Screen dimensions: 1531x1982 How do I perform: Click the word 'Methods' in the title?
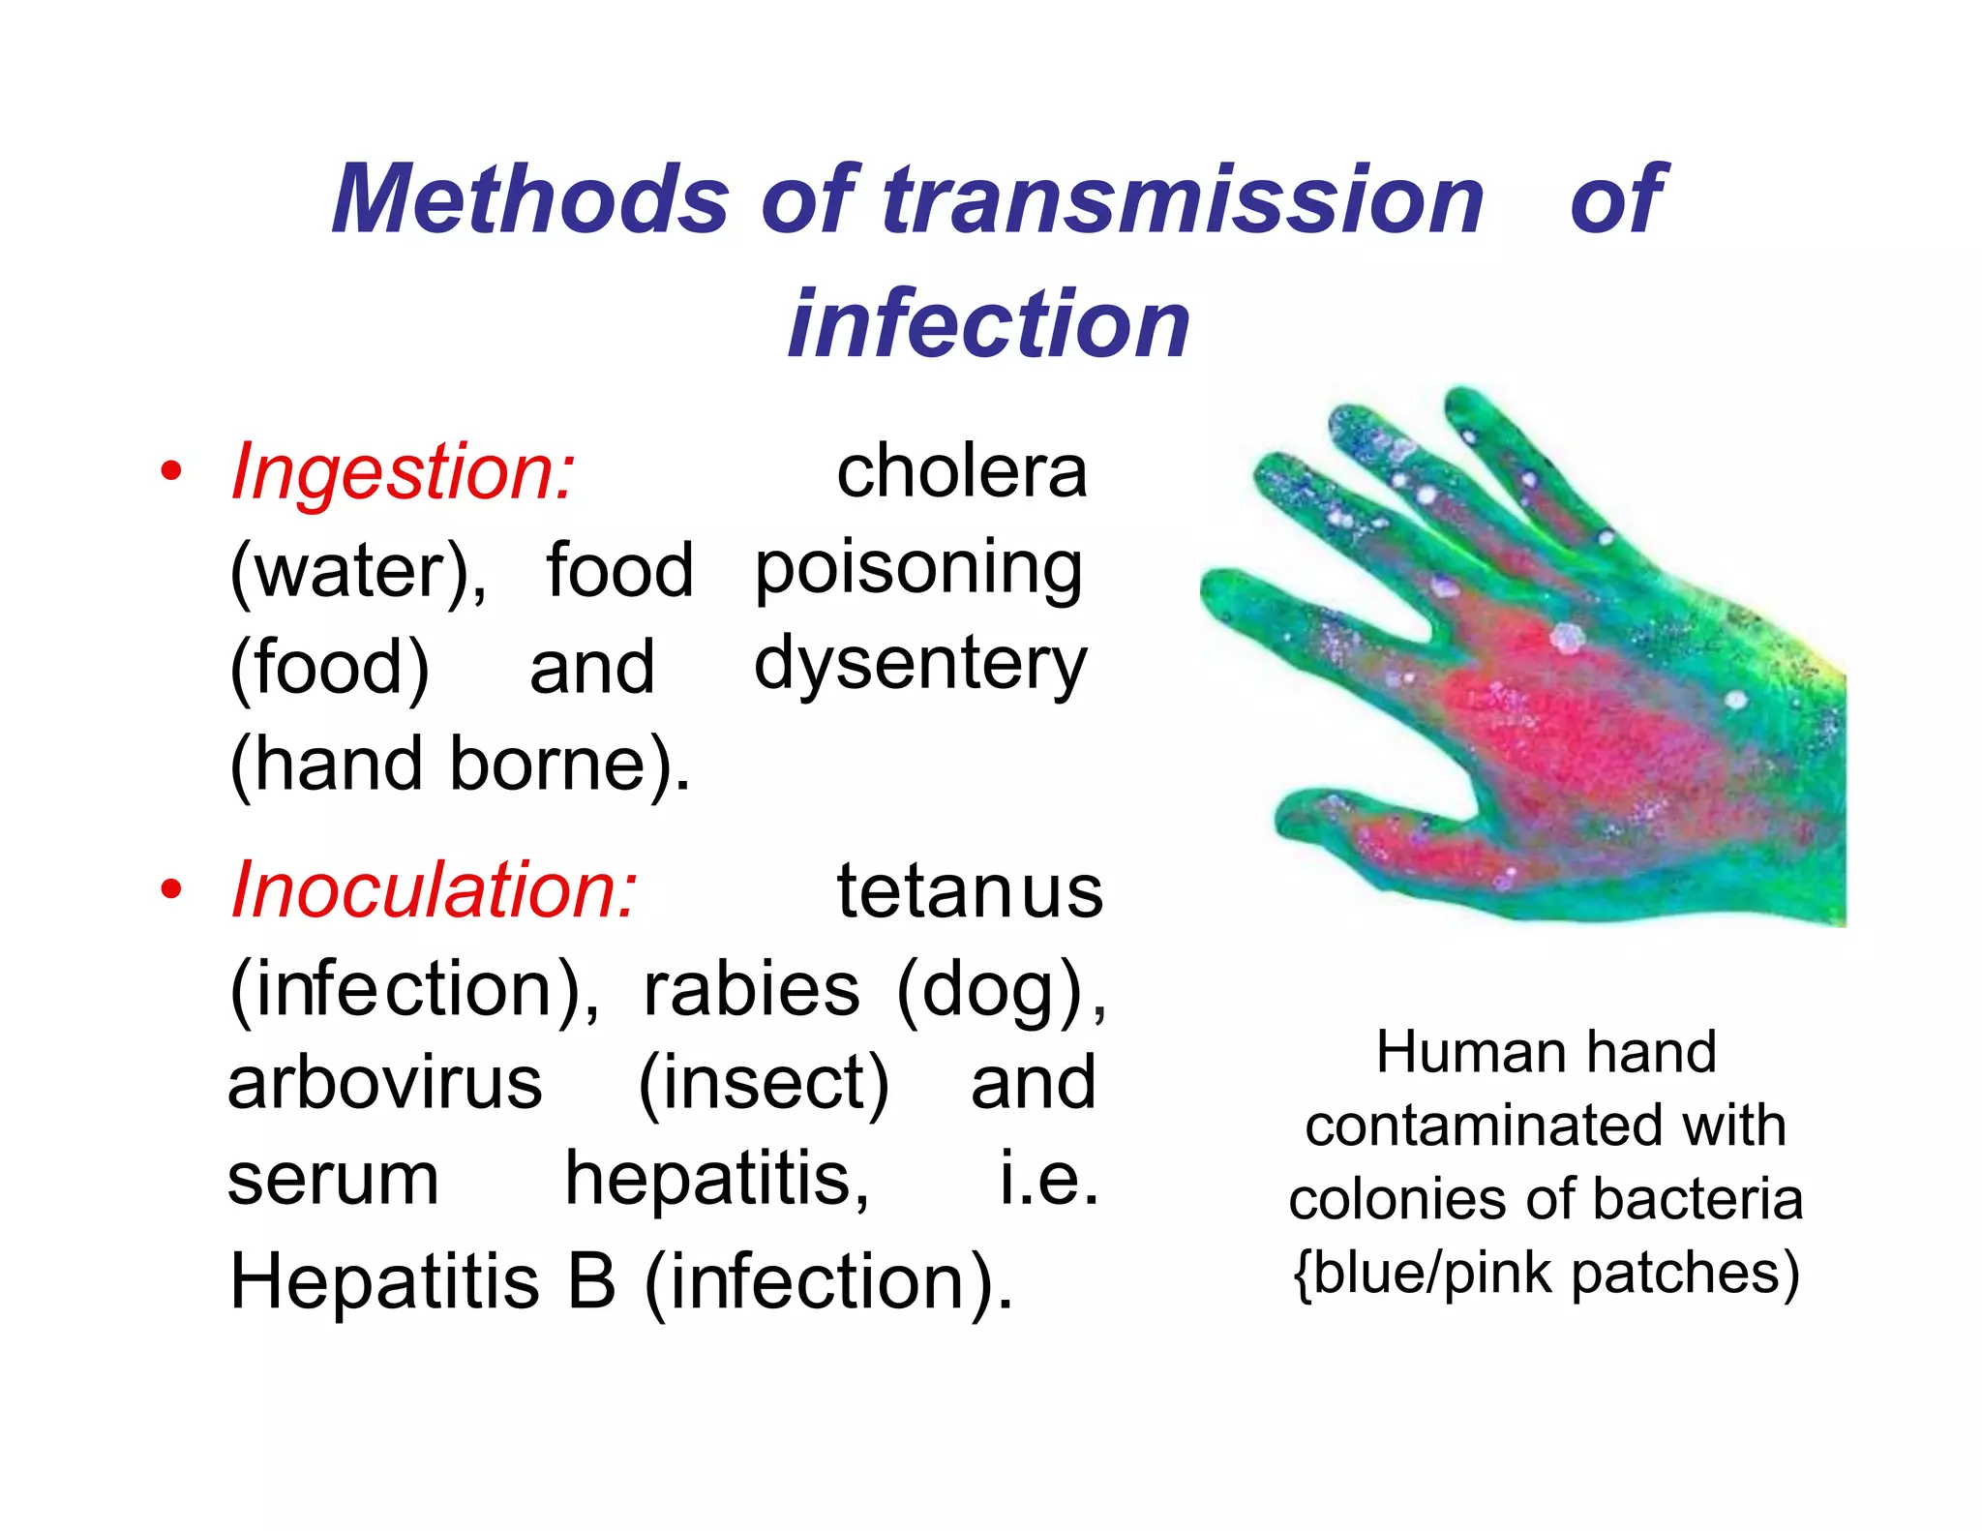click(x=529, y=199)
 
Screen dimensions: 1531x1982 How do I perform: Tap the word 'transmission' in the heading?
click(x=1183, y=199)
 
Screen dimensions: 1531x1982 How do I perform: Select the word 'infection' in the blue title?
click(x=988, y=324)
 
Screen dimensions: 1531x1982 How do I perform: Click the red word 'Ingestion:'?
click(x=403, y=472)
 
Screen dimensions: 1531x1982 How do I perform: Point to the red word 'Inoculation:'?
click(x=434, y=890)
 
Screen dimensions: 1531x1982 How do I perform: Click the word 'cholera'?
click(x=962, y=472)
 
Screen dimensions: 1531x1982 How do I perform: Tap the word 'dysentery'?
click(x=920, y=666)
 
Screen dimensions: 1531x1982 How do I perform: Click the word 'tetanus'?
click(x=970, y=890)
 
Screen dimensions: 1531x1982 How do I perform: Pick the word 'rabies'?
click(x=751, y=989)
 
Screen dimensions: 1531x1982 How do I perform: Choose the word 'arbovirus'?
click(x=384, y=1084)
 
